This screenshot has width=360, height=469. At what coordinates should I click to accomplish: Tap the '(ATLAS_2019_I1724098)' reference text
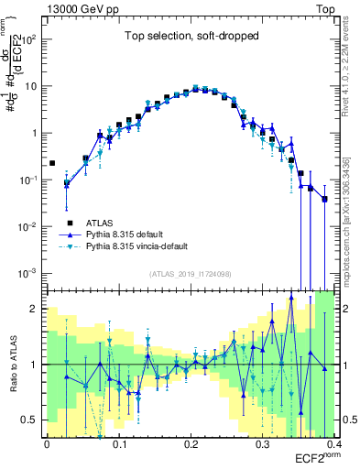pyautogui.click(x=190, y=273)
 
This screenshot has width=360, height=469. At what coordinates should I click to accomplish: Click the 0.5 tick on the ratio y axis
pyautogui.click(x=33, y=420)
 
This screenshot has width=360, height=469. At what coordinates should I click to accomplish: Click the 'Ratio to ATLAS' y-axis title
pyautogui.click(x=12, y=365)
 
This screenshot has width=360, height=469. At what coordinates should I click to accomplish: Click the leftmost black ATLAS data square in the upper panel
pyautogui.click(x=52, y=163)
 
